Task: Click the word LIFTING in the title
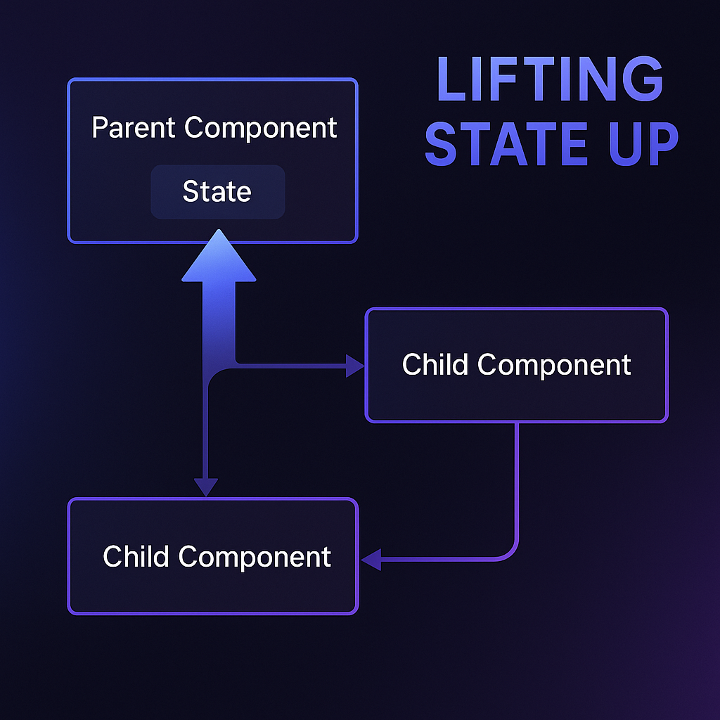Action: point(550,79)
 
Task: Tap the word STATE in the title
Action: point(506,143)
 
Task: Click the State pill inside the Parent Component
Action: point(217,192)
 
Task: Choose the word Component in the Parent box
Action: point(261,128)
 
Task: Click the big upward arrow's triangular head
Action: point(219,259)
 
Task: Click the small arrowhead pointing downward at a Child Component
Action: point(206,487)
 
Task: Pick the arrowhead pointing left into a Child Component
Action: point(371,560)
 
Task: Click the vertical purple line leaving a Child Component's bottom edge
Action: point(517,478)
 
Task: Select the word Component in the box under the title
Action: point(554,365)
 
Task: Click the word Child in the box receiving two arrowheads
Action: point(136,557)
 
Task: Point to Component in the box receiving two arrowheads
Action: point(255,557)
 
